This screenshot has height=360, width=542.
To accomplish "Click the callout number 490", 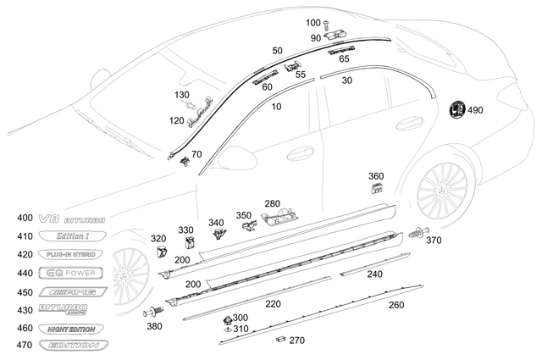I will [475, 110].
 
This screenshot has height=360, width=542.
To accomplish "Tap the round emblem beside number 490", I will [454, 109].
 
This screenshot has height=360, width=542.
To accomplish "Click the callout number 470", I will [24, 345].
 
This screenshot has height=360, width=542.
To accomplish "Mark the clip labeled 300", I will [227, 319].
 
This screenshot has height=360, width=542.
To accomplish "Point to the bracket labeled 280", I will [279, 220].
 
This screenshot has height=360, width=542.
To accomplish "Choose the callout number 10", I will [277, 108].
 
